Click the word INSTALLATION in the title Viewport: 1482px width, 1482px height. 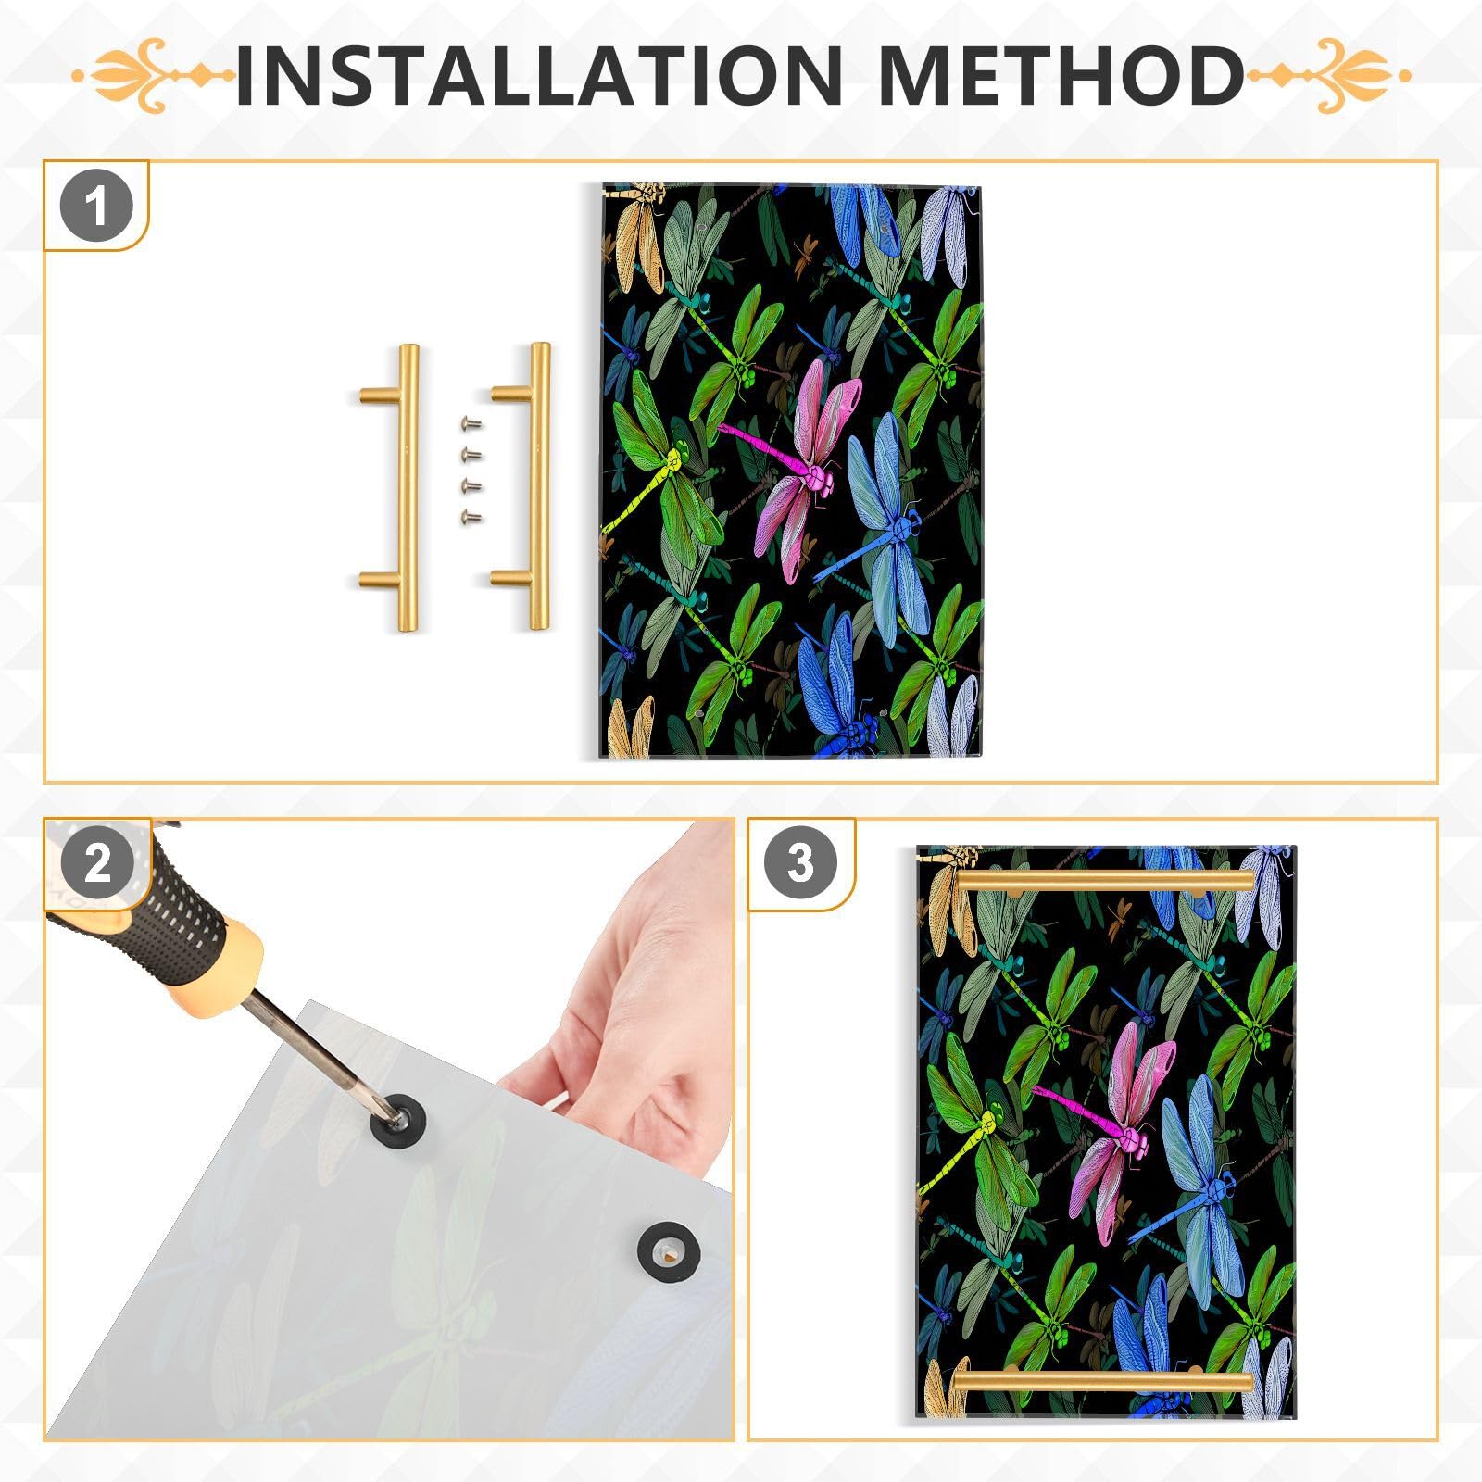coord(537,74)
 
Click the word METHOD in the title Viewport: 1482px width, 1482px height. coord(1061,74)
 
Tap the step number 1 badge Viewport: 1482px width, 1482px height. coord(96,207)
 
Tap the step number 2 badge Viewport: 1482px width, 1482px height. coord(96,864)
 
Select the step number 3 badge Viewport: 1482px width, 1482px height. coord(800,864)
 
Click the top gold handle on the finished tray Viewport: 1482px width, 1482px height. coord(1107,881)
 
